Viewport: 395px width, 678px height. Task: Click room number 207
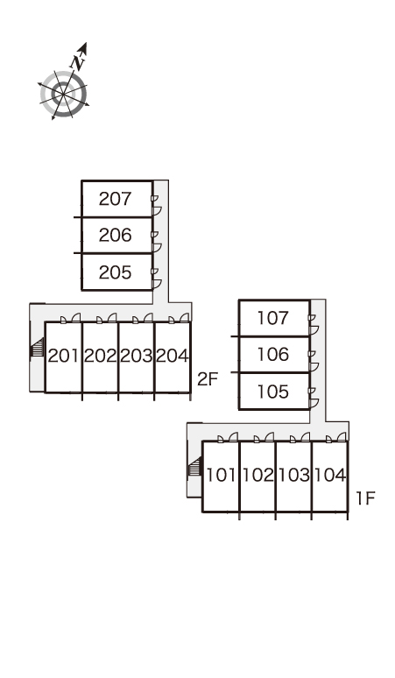[x=115, y=199]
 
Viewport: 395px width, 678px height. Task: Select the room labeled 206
[x=115, y=236]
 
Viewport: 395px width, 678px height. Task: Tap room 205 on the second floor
[x=115, y=272]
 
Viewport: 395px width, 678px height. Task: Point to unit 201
[x=64, y=356]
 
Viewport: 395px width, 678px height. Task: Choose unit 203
[x=136, y=356]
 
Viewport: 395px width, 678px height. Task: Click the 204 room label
[x=172, y=356]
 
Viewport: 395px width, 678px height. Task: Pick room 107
[x=272, y=318]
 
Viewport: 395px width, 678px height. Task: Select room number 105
[x=272, y=392]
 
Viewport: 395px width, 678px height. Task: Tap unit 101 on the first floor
[x=222, y=475]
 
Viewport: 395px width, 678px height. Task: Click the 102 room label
[x=257, y=475]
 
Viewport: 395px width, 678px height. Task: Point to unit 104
[x=329, y=475]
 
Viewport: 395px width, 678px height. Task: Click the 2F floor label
[x=208, y=379]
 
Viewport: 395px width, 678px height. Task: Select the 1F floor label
[x=365, y=498]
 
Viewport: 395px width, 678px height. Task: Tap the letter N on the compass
[x=78, y=63]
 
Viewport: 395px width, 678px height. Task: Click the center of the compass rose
[x=64, y=94]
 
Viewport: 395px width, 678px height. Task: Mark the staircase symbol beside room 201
[x=38, y=348]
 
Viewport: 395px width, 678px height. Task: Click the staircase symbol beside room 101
[x=195, y=468]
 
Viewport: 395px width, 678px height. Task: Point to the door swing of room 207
[x=156, y=211]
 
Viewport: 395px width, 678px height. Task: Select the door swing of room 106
[x=314, y=367]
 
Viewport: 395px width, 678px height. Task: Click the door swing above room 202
[x=112, y=318]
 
